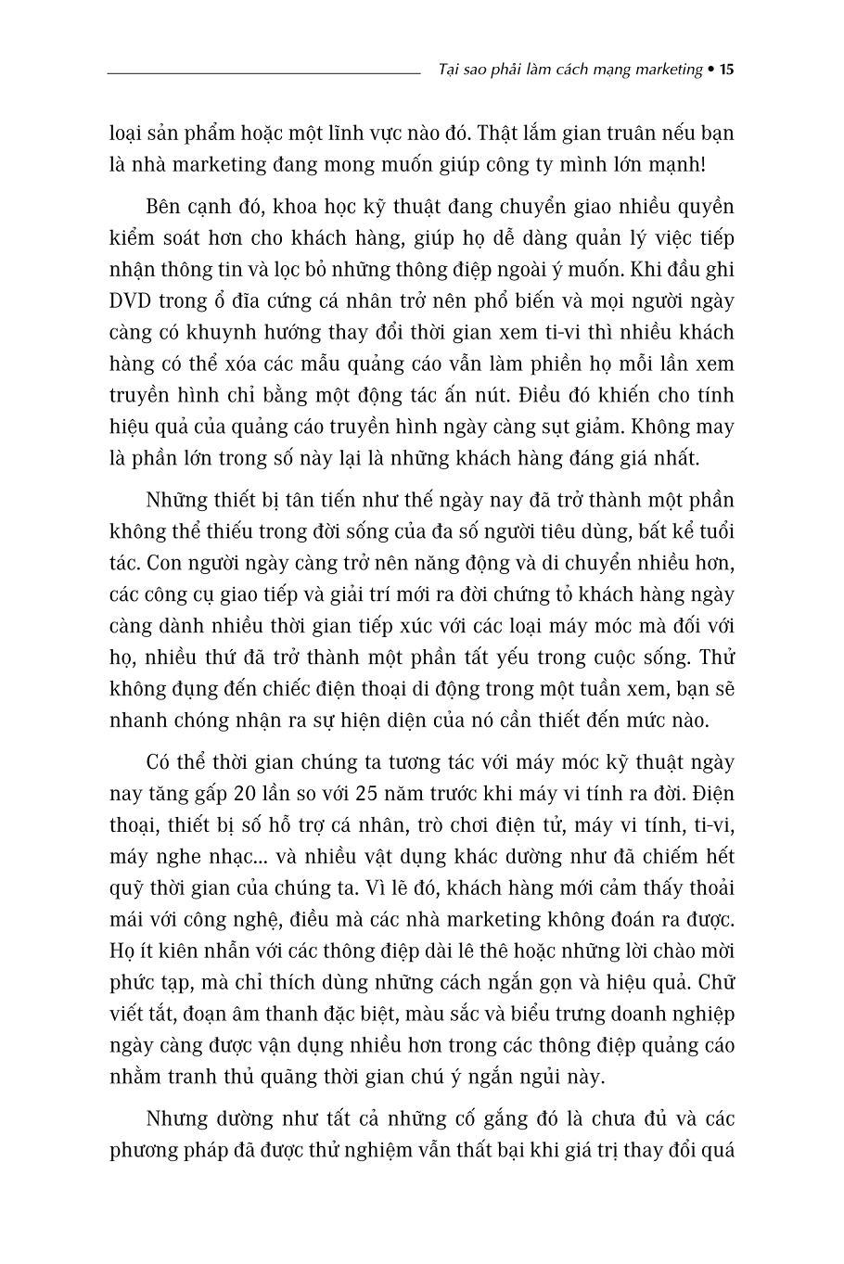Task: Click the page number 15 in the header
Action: tap(726, 70)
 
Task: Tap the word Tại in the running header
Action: tap(447, 70)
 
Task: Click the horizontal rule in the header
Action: tap(264, 71)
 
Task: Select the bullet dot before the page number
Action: tap(710, 70)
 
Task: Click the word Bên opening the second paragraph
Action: tap(164, 206)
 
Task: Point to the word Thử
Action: tap(716, 658)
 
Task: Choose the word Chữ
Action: tap(715, 982)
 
